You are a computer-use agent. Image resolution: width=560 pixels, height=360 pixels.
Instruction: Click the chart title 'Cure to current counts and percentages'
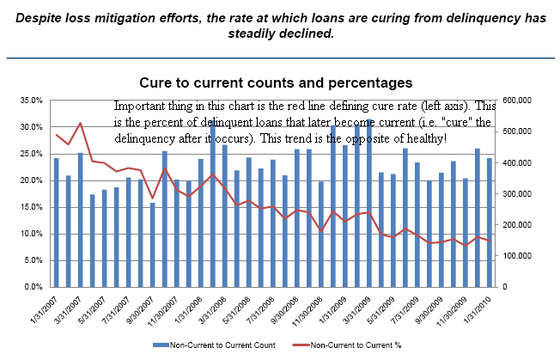click(x=277, y=82)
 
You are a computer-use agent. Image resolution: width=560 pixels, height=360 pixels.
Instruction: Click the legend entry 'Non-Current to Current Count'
click(x=222, y=345)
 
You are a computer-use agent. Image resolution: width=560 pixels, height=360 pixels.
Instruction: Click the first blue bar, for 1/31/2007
click(x=56, y=223)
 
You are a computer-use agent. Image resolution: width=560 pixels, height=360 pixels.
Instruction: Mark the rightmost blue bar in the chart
click(x=490, y=223)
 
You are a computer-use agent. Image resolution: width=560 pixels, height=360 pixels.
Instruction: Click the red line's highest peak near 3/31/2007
click(x=80, y=124)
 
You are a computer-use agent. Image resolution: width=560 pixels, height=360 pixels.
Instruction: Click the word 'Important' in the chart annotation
click(x=137, y=106)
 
